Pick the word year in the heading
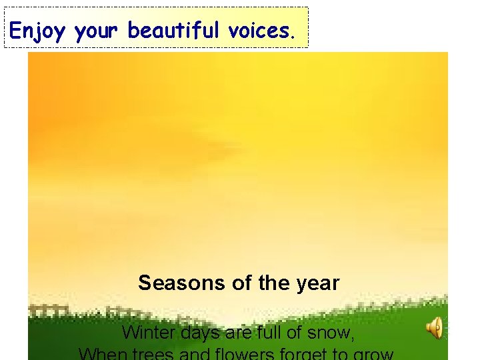click(x=319, y=284)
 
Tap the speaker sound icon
click(x=435, y=328)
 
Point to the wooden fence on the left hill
click(x=50, y=311)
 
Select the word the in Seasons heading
click(x=273, y=283)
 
